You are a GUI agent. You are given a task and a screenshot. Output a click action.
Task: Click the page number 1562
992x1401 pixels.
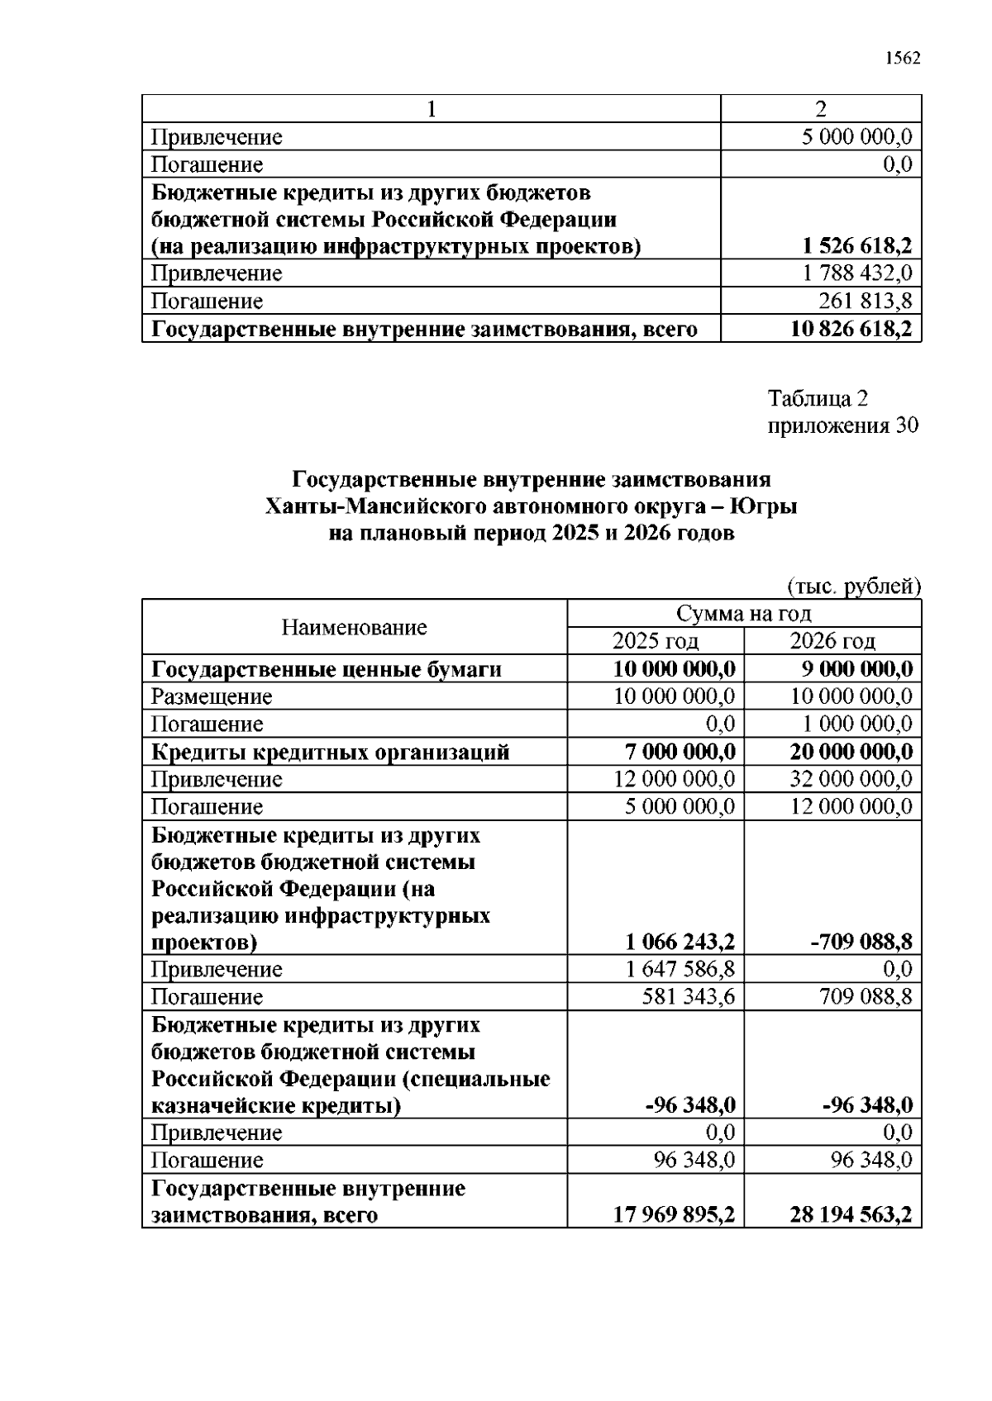(x=902, y=58)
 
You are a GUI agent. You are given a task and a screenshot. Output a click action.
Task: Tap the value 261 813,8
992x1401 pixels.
(x=865, y=301)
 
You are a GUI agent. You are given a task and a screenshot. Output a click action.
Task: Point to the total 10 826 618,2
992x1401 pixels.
(x=851, y=329)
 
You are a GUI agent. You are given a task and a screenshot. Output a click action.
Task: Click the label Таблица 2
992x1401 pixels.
(x=818, y=399)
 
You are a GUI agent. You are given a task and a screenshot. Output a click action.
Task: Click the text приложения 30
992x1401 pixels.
(x=842, y=425)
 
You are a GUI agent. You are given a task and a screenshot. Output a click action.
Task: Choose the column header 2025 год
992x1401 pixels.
(x=655, y=640)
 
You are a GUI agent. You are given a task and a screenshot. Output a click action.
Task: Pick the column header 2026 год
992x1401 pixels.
(x=832, y=640)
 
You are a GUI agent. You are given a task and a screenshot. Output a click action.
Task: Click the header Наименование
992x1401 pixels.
(x=354, y=627)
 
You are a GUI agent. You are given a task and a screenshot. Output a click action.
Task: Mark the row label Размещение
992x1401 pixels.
(x=211, y=696)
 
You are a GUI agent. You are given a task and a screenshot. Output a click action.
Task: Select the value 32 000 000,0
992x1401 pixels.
(x=851, y=779)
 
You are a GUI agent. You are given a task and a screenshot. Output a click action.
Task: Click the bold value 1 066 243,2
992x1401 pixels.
(x=680, y=942)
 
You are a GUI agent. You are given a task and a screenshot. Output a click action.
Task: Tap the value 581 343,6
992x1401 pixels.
(x=688, y=996)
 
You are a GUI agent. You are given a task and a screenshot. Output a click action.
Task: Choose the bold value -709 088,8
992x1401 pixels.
(x=860, y=942)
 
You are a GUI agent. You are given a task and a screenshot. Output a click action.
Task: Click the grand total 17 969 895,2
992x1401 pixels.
(x=674, y=1214)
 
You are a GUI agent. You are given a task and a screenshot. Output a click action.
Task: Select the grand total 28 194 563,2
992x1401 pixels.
(x=851, y=1214)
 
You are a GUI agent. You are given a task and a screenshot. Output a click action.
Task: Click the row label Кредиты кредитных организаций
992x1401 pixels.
(x=330, y=752)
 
